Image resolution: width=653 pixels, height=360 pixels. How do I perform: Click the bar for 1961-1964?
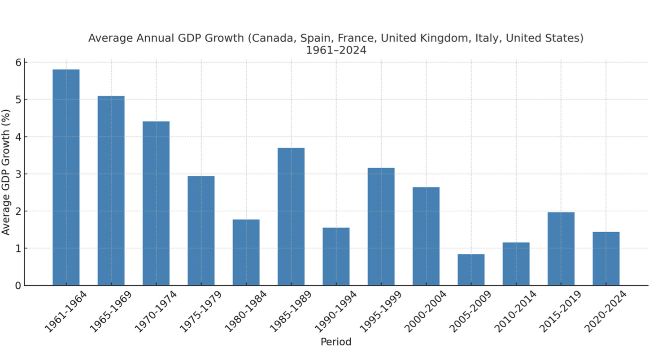(x=66, y=177)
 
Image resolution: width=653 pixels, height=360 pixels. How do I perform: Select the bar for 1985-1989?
(x=291, y=217)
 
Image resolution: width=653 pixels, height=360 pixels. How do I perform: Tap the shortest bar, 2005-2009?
(x=471, y=269)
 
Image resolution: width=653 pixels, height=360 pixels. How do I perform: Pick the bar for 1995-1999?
(x=381, y=226)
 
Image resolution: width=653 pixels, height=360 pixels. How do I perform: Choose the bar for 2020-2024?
(x=606, y=258)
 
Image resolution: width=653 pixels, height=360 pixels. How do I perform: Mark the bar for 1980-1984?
(x=246, y=252)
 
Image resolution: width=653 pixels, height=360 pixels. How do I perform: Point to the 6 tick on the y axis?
(x=17, y=62)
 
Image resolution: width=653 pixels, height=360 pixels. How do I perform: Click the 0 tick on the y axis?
(x=17, y=286)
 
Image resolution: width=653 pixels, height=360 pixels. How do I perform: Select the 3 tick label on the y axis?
(x=17, y=174)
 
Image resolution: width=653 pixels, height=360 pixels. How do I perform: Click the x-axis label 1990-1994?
(x=336, y=312)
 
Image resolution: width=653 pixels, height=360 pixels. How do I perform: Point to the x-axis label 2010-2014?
(x=516, y=312)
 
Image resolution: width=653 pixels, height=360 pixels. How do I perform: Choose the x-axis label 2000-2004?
(x=426, y=312)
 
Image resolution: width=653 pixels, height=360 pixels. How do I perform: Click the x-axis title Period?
(x=336, y=342)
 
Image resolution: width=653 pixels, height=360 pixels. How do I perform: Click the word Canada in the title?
(x=268, y=38)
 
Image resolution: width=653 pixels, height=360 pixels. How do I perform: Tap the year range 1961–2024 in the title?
(x=336, y=50)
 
